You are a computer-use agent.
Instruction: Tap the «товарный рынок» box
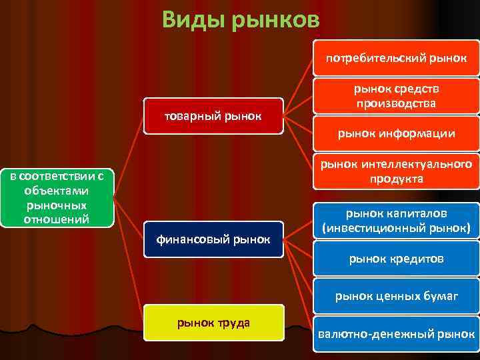[x=213, y=116]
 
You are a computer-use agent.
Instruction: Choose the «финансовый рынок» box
[x=213, y=239]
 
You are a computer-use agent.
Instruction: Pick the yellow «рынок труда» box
[x=213, y=323]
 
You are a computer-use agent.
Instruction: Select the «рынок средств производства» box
[x=396, y=96]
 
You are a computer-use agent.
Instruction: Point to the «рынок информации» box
[x=396, y=134]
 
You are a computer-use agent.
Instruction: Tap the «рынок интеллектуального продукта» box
[x=396, y=171]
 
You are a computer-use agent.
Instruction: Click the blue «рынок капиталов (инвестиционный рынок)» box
[x=396, y=221]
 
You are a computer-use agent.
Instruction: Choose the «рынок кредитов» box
[x=396, y=258]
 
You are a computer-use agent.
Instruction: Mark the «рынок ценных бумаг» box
[x=396, y=295]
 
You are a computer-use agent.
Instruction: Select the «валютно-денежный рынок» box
[x=396, y=334]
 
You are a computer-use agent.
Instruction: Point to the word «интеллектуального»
[x=417, y=165]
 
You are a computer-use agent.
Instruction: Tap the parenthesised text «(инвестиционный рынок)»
[x=396, y=228]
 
